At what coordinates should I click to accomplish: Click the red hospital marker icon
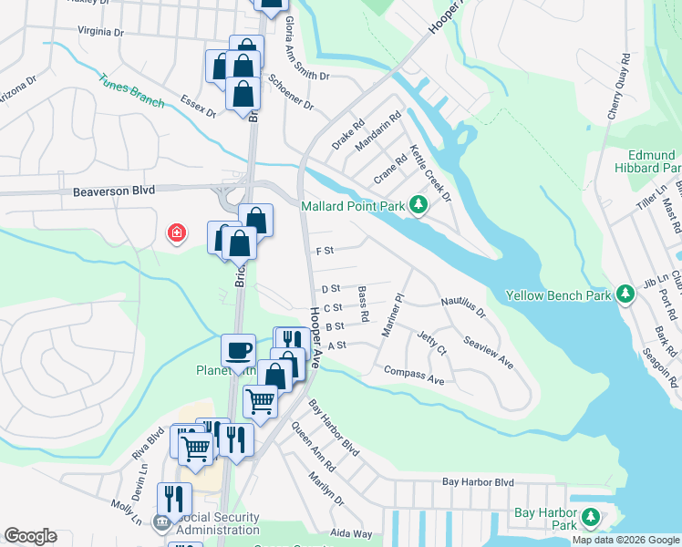point(175,234)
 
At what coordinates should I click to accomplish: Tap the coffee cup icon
point(239,350)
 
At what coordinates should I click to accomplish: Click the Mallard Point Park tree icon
point(418,205)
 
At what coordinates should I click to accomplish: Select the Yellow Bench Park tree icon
point(625,294)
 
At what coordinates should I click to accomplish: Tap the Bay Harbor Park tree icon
point(591,519)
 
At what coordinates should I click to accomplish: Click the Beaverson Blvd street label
point(115,191)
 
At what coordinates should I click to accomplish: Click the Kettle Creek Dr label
point(430,173)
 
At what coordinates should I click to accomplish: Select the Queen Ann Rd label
point(314,446)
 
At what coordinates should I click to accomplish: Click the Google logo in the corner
point(30,536)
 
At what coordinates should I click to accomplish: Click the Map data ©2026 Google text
point(625,540)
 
